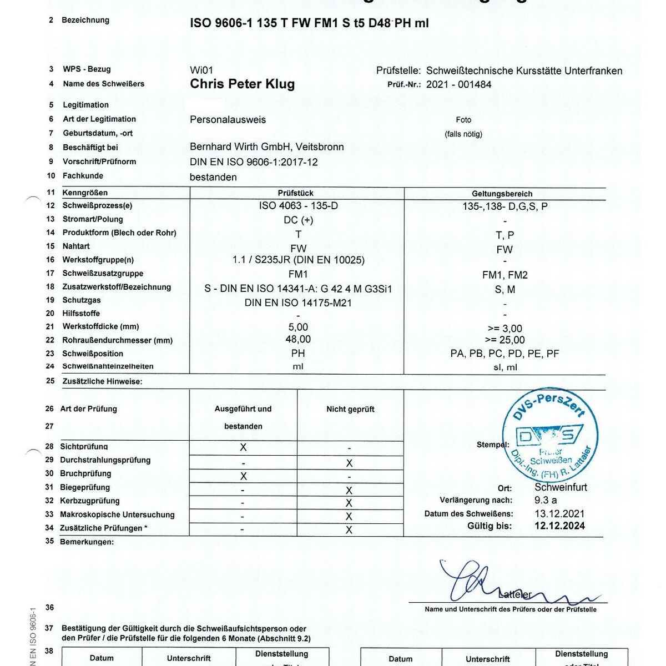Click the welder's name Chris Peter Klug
pos(242,84)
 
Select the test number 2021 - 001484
pos(458,85)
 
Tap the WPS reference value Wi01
pos(201,70)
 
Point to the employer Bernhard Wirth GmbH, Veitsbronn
pos(266,147)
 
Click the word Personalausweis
pos(228,120)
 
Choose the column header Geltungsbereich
pos(502,194)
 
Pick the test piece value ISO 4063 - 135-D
pos(298,206)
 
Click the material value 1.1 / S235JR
pos(298,260)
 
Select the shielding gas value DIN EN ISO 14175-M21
pos(298,303)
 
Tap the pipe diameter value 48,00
pos(298,339)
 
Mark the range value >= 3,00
pos(503,329)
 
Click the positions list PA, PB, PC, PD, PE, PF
pos(504,354)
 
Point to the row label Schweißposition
pos(93,354)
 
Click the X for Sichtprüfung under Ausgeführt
pos(243,447)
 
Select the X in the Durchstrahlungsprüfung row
pos(349,463)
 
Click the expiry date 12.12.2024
pos(559,526)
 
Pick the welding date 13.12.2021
pos(559,514)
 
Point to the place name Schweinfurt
pos(561,487)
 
